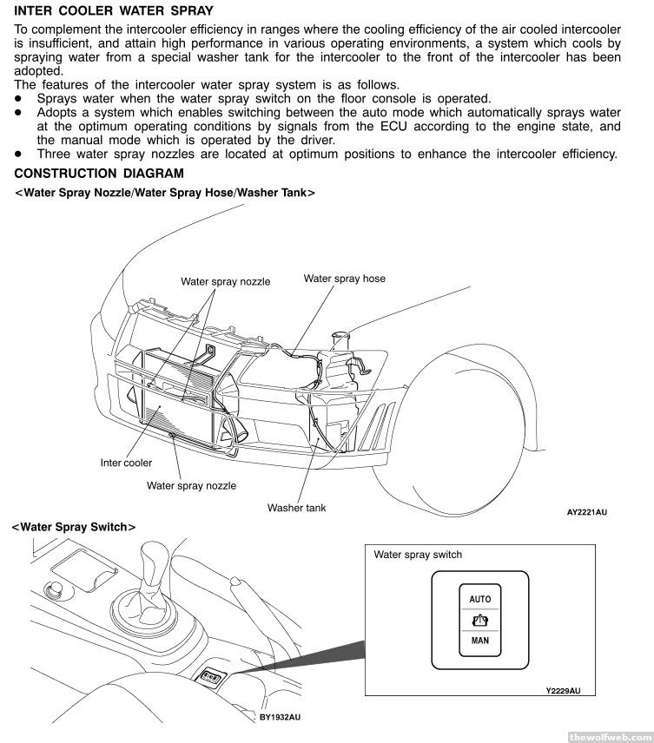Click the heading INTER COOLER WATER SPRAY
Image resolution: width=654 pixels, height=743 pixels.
(x=114, y=11)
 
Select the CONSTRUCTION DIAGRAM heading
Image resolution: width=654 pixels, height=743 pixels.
(x=99, y=174)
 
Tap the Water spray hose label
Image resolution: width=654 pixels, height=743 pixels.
(x=344, y=279)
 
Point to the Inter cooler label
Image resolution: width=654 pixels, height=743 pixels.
(x=126, y=463)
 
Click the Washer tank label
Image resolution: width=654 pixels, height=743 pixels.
(x=296, y=508)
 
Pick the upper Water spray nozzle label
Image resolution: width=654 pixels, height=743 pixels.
(x=225, y=281)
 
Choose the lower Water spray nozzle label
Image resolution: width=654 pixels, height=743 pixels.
(x=191, y=486)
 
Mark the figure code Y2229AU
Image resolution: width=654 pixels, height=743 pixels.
(x=563, y=691)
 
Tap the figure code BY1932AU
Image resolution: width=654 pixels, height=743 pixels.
(x=280, y=718)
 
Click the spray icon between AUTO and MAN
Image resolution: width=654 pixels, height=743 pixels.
(x=479, y=621)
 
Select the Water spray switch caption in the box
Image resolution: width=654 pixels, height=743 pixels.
(x=418, y=555)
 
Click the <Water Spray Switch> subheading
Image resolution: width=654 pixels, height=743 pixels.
(x=73, y=527)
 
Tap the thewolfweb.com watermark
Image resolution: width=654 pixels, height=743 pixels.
(x=608, y=736)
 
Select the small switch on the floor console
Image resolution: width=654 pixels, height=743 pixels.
(x=209, y=675)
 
